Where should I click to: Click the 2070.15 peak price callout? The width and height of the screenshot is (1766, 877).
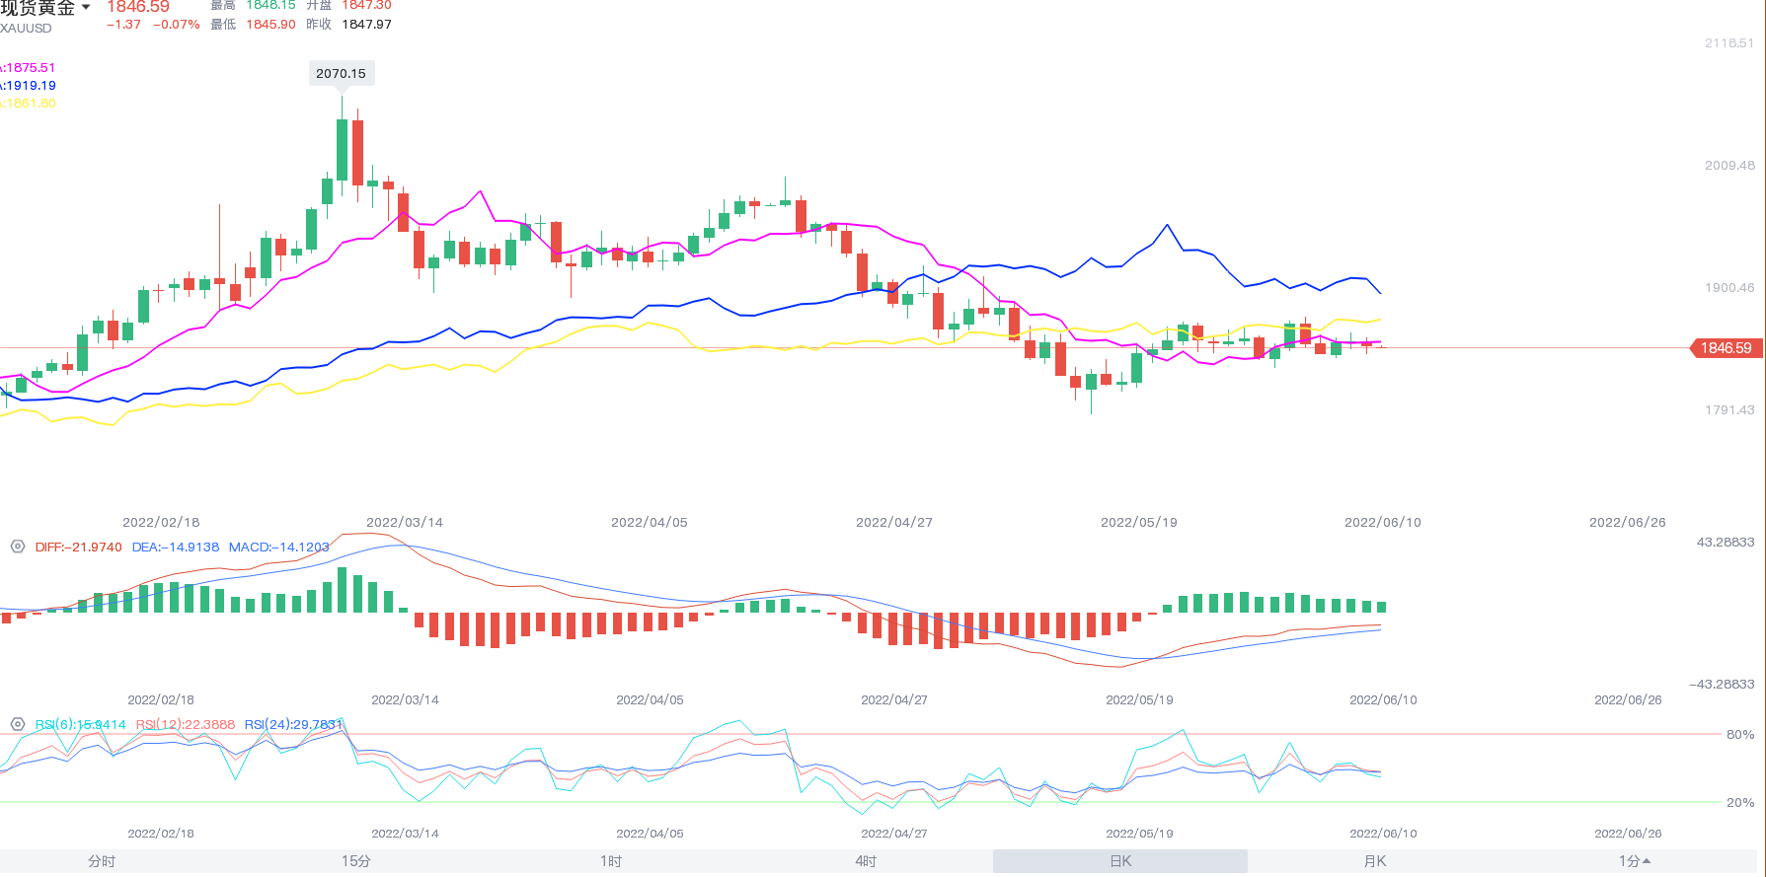point(341,73)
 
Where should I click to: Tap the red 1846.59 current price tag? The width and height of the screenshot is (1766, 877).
point(1725,348)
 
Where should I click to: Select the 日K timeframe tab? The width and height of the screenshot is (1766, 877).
point(1120,861)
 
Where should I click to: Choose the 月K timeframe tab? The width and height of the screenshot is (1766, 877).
point(1374,861)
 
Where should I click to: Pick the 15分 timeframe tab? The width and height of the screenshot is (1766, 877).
point(356,861)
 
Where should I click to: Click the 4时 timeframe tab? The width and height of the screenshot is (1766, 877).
point(866,861)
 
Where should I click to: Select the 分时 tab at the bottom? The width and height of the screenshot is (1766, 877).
point(102,861)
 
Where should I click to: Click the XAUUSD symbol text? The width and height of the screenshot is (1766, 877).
point(27,29)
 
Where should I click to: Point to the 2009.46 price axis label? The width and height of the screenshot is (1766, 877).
point(1729,166)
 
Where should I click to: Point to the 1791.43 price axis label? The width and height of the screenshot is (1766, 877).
point(1729,410)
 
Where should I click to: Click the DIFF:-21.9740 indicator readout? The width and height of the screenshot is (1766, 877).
point(79,548)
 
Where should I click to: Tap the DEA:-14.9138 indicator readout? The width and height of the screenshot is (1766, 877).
point(176,548)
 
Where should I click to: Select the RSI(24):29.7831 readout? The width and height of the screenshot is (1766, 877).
point(293,725)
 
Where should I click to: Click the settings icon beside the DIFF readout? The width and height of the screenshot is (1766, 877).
point(18,547)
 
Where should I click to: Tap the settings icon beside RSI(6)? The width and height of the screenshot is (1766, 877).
point(18,724)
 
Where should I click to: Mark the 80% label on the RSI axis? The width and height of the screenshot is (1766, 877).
point(1740,735)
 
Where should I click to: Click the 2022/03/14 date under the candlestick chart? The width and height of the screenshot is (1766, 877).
point(405,523)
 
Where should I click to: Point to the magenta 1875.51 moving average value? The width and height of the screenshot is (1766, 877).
point(30,68)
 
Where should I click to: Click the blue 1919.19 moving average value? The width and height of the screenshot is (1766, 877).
point(30,86)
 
